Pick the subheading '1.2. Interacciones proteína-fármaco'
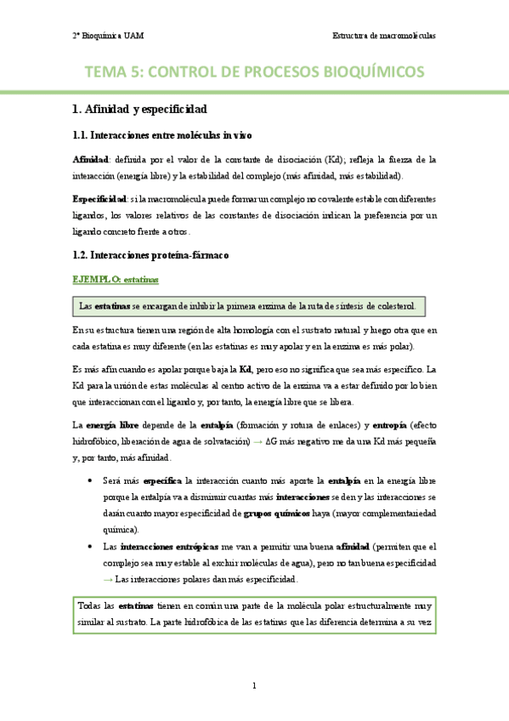(x=150, y=255)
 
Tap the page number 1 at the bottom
(x=254, y=685)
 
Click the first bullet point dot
(x=91, y=480)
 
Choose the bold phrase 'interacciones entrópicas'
(x=160, y=547)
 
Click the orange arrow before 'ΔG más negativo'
(x=257, y=440)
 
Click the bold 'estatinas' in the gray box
(x=112, y=306)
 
